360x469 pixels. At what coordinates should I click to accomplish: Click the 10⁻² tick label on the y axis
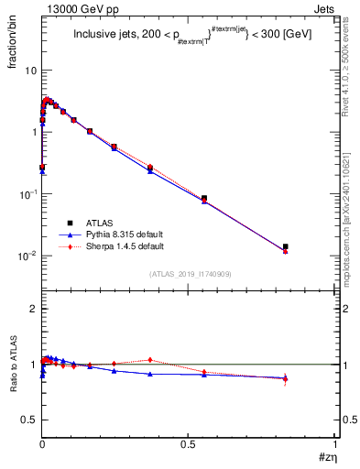[27, 256]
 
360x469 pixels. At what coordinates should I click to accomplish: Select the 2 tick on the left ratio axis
[33, 310]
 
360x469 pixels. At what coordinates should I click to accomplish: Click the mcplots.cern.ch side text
[352, 220]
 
